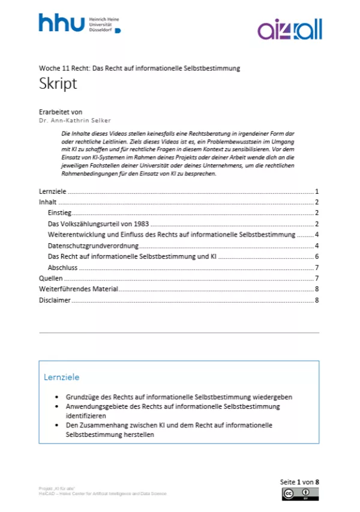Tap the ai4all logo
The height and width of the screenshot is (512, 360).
coord(290,29)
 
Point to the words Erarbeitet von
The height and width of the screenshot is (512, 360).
coord(61,112)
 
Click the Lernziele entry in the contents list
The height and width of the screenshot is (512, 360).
coord(52,191)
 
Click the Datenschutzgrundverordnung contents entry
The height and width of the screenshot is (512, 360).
coord(93,245)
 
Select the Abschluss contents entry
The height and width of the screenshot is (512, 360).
coord(62,268)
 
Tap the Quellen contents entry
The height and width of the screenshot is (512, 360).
coord(50,279)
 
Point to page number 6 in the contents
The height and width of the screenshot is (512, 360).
coord(316,256)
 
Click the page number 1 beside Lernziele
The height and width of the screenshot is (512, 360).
coord(316,191)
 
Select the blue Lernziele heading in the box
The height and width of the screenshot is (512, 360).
coord(61,378)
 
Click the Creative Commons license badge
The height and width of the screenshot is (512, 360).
coord(300,493)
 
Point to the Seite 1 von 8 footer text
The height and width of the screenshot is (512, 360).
coord(299,482)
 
